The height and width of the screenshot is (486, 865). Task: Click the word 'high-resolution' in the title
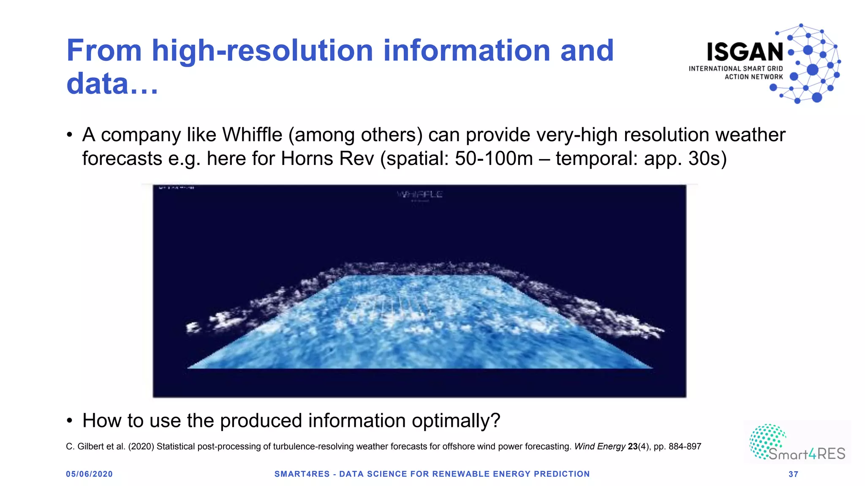pyautogui.click(x=262, y=51)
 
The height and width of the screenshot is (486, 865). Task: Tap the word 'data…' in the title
pyautogui.click(x=112, y=84)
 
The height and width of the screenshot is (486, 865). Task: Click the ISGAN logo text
pyautogui.click(x=745, y=52)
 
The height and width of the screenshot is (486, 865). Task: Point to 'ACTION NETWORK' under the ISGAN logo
pyautogui.click(x=753, y=77)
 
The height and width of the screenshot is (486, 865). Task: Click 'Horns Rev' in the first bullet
pyautogui.click(x=327, y=159)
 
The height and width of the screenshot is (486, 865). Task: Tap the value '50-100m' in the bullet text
pyautogui.click(x=494, y=159)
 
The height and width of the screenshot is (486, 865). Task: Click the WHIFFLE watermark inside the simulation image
pyautogui.click(x=419, y=194)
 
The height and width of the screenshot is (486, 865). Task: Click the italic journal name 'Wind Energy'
pyautogui.click(x=599, y=446)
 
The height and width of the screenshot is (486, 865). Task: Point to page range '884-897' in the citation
pyautogui.click(x=685, y=446)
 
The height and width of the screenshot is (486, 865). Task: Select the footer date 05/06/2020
pyautogui.click(x=89, y=474)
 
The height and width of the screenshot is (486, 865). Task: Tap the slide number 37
pyautogui.click(x=793, y=474)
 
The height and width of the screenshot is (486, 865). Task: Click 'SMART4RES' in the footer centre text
pyautogui.click(x=302, y=474)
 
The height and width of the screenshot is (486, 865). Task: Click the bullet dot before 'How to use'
pyautogui.click(x=70, y=421)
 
